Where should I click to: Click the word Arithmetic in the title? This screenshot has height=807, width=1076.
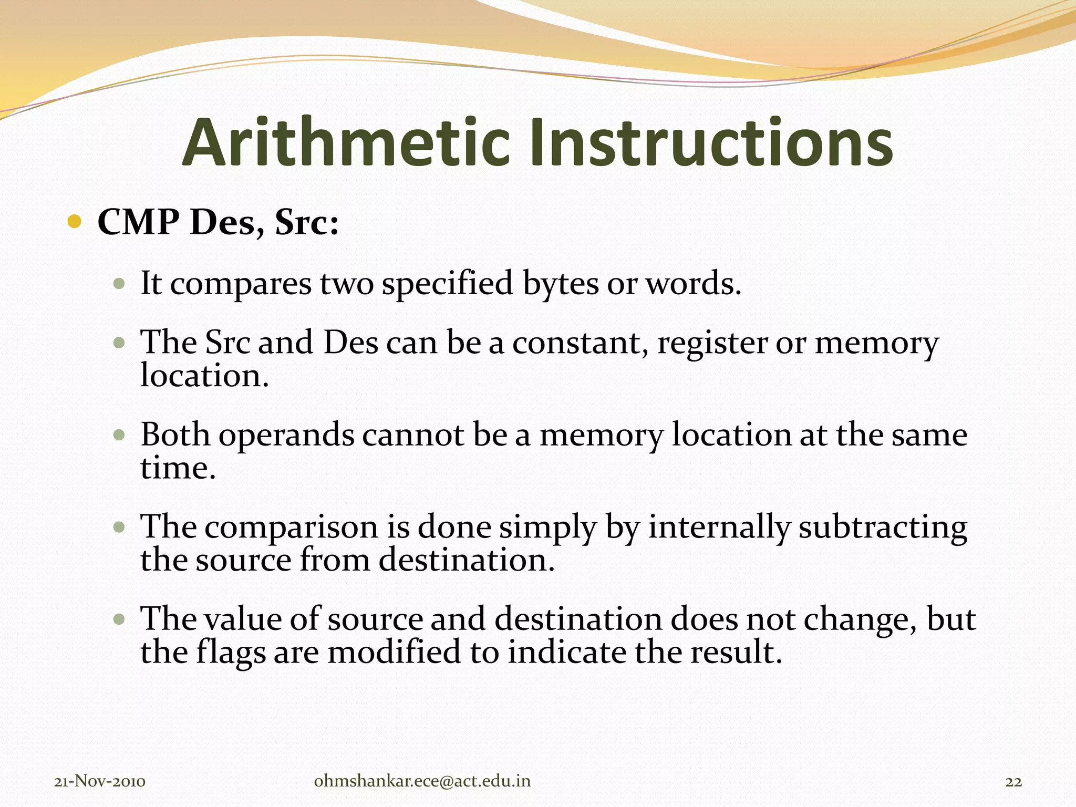click(346, 143)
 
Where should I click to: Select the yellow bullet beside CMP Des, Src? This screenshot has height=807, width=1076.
click(75, 222)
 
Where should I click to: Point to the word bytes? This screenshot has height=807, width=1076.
click(561, 284)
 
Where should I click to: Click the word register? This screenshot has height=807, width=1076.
click(712, 344)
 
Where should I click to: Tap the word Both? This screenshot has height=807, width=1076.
click(175, 435)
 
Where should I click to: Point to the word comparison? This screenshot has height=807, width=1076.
click(292, 527)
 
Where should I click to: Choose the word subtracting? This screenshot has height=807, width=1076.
click(883, 527)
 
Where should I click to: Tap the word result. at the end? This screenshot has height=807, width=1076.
click(736, 652)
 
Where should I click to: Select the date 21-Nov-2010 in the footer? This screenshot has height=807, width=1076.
click(100, 782)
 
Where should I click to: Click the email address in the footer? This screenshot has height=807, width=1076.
click(422, 781)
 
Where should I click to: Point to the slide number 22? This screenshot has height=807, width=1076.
click(1013, 782)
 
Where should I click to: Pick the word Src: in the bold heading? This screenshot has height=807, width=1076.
click(307, 222)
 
